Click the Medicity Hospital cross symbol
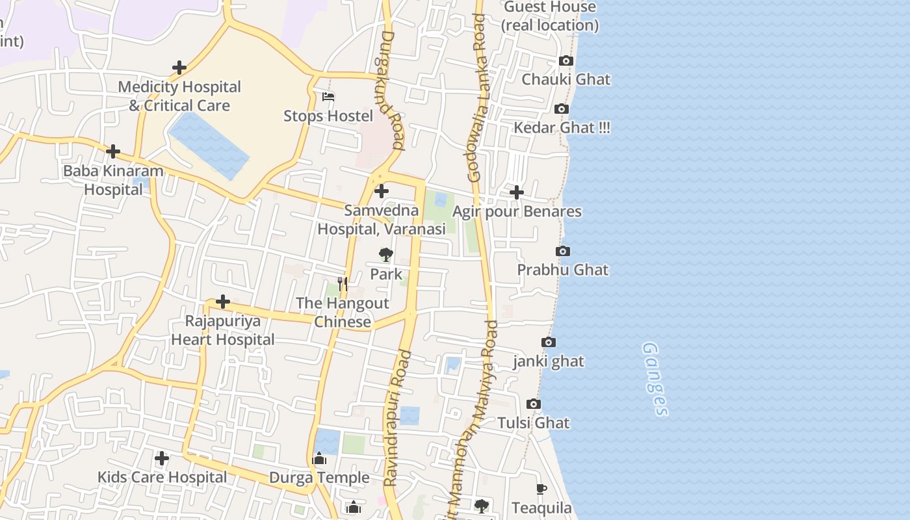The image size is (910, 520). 179,67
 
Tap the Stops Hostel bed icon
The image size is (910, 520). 328,97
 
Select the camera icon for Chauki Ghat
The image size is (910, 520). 566,60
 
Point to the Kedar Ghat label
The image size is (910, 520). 562,127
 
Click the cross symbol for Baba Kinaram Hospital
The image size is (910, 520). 113,151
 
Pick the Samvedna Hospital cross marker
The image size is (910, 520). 382,191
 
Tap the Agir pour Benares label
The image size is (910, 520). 517,211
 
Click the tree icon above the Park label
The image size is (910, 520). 386,254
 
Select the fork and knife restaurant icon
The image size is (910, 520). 343,284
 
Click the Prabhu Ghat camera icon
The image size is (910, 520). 563,251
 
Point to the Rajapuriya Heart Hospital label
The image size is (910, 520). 223,330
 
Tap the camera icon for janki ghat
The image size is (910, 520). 549,342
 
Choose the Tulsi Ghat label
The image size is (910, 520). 533,422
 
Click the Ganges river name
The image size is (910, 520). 655,379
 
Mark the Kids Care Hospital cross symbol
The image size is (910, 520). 162,458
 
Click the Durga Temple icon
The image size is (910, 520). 319,459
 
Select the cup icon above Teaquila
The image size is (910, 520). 541,489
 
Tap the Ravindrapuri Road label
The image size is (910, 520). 397,419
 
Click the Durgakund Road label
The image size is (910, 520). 389,91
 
